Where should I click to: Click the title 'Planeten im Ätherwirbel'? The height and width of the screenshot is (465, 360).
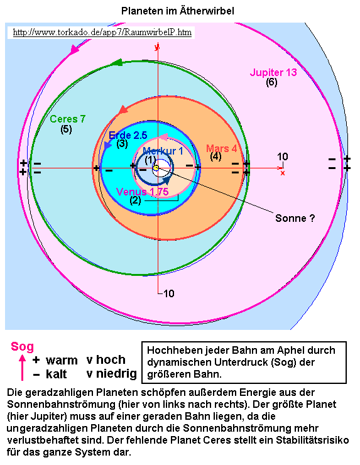178,11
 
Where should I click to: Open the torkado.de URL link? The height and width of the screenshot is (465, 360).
102,32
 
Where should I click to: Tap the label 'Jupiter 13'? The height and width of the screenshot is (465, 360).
273,72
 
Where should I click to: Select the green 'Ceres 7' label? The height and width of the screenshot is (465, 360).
68,119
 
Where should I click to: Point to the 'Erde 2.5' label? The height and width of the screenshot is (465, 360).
128,135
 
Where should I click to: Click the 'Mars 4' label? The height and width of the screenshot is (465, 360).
222,148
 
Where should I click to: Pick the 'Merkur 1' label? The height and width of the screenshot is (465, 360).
163,151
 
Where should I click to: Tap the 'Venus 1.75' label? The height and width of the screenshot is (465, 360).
143,192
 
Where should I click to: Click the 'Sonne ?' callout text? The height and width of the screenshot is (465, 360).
295,218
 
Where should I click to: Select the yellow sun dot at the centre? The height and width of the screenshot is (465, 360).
156,168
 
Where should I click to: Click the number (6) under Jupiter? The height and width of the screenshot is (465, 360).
271,82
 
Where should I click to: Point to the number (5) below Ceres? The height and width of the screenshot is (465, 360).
66,129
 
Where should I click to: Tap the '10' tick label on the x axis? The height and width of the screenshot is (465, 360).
283,156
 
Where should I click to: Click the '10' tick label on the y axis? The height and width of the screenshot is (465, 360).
169,293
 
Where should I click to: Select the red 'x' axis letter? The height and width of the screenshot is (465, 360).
283,173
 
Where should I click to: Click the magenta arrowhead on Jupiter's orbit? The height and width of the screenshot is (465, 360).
74,50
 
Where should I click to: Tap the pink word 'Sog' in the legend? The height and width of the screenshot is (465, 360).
22,346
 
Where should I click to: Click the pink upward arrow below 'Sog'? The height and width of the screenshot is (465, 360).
22,368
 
